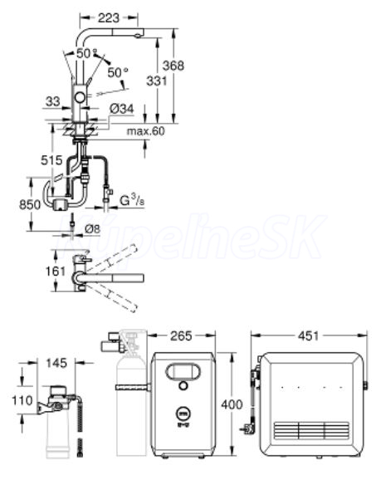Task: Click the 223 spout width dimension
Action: point(109,18)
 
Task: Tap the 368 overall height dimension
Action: point(173,66)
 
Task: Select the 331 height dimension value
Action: point(157,81)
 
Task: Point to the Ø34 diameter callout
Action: point(122,109)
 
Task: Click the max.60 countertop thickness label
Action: point(146,131)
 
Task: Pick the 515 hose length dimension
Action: point(51,160)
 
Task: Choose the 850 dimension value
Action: point(30,204)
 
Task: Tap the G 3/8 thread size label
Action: point(132,200)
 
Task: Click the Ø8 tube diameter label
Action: point(93,229)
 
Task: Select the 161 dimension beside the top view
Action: point(56,272)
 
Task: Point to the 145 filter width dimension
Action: point(56,363)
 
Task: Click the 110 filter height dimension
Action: point(22,400)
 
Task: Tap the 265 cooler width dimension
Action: point(181,336)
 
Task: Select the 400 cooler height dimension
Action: point(232,404)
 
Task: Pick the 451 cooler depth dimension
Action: point(309,336)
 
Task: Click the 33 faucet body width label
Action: point(53,101)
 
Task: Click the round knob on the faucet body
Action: point(80,97)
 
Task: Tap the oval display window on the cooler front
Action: point(183,371)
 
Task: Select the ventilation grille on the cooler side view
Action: point(311,431)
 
